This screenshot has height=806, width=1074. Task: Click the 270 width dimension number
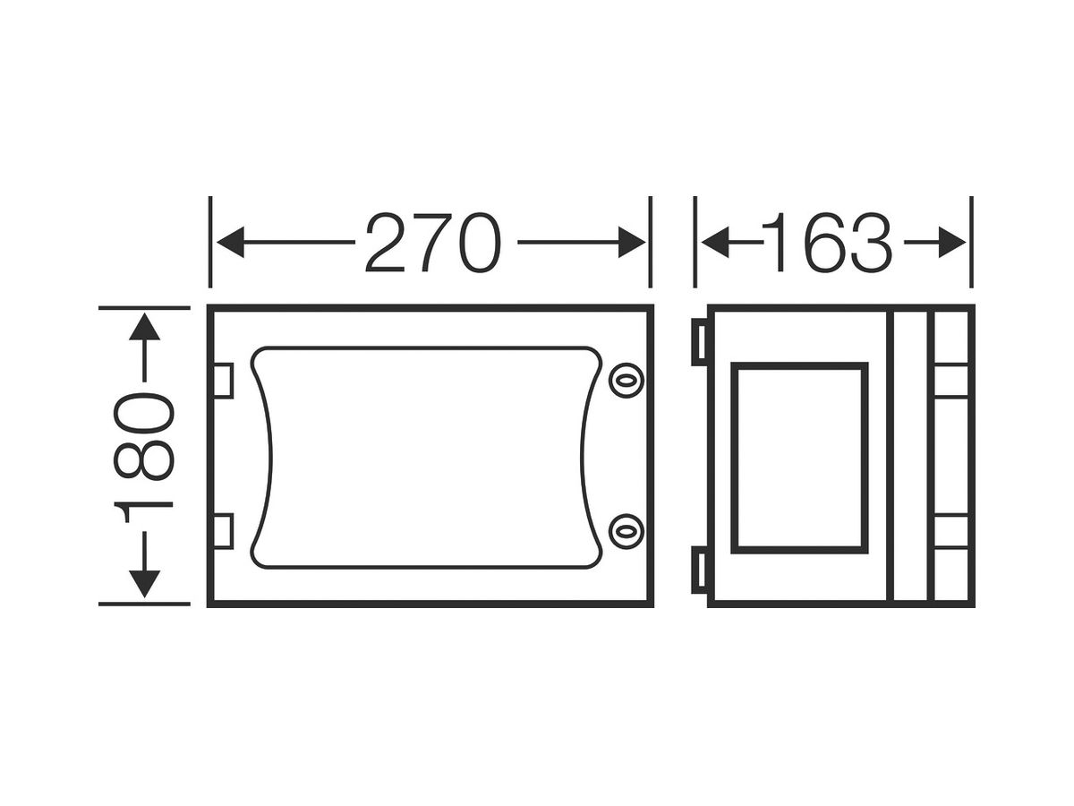[x=433, y=242]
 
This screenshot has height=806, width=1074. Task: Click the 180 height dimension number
[x=144, y=458]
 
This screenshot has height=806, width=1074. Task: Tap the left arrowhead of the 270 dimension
[x=230, y=242]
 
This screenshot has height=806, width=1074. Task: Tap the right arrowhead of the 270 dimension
[x=632, y=242]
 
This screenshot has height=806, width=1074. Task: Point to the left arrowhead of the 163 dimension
[x=715, y=242]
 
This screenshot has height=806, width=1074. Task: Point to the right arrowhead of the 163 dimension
[x=952, y=242]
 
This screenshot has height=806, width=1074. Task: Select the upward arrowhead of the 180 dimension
[x=144, y=327]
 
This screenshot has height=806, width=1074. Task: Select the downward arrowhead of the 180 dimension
[x=144, y=584]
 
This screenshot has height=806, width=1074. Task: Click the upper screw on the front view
[x=626, y=380]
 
